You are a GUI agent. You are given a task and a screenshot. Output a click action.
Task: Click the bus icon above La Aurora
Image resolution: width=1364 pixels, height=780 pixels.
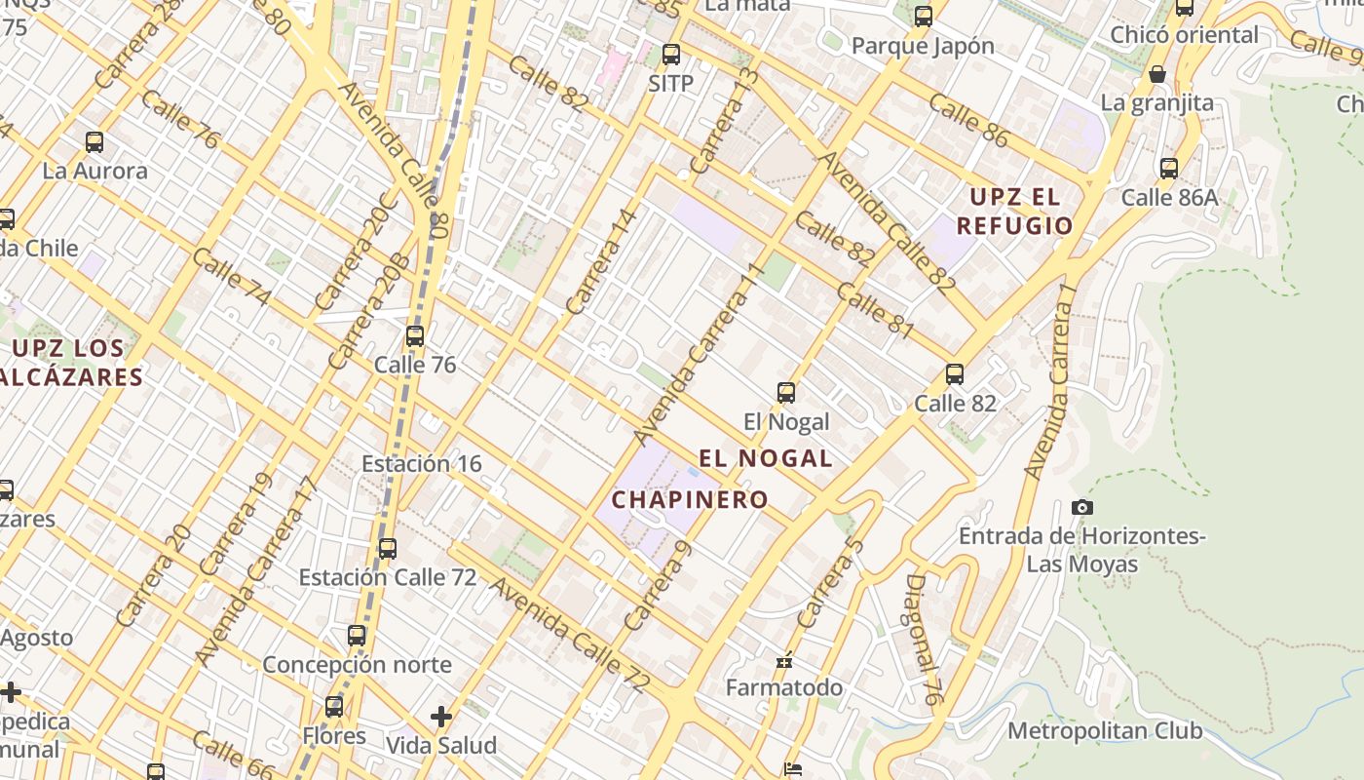95,142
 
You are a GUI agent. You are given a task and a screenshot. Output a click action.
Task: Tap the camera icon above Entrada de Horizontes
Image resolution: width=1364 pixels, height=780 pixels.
1081,507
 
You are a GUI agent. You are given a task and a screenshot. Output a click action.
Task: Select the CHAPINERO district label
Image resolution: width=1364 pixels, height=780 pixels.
690,500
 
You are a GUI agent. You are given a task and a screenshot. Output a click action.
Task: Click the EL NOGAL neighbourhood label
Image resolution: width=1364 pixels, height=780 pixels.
766,458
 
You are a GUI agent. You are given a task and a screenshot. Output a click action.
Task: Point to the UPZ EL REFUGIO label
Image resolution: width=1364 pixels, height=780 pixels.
1014,212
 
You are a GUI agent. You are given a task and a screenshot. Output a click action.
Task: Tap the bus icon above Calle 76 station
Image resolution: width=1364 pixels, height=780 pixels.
415,336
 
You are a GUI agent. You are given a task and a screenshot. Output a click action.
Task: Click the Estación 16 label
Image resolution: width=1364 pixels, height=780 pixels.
421,464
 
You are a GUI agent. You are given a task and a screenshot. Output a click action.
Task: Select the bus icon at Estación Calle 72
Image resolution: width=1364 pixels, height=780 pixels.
388,549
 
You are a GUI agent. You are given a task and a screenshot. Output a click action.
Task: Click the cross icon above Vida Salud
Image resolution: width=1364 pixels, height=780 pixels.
441,717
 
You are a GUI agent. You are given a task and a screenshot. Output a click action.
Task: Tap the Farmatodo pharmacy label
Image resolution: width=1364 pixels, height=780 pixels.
784,687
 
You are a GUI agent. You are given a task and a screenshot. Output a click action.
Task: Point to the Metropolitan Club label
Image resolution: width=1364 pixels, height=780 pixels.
1105,731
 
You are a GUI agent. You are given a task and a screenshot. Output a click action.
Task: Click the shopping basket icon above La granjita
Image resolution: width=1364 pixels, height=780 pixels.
1157,74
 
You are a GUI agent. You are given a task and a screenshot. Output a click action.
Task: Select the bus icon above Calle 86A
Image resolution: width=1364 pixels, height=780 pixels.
1169,169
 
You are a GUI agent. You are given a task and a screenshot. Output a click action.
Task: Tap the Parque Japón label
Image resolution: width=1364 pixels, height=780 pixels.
923,46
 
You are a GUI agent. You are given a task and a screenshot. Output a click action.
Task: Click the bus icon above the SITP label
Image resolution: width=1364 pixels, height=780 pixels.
671,55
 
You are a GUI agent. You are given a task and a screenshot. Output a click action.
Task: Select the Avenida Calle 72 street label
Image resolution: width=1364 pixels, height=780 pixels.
569,636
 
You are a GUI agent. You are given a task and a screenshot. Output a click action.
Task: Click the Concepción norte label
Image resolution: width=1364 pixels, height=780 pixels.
357,665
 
